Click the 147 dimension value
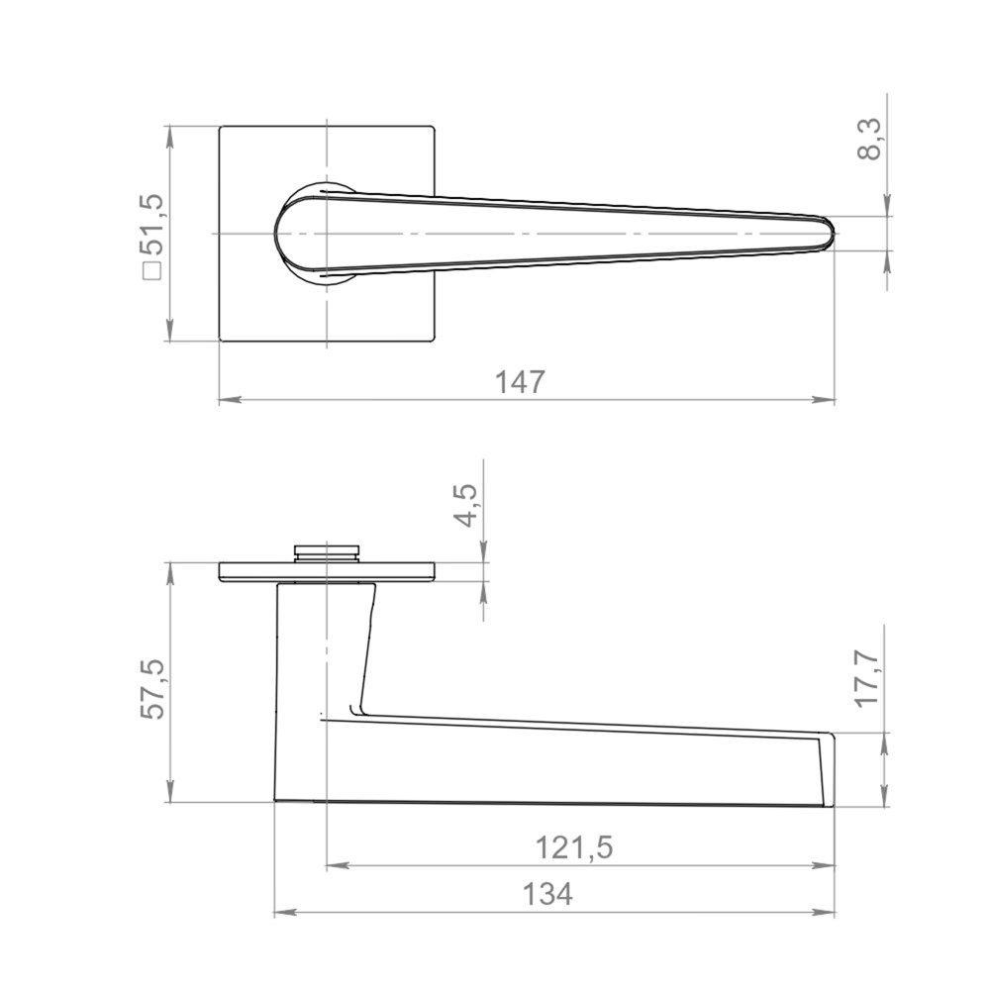(519, 382)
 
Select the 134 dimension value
(547, 894)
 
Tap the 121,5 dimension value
(573, 847)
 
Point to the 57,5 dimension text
(152, 689)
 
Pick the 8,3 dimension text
(869, 140)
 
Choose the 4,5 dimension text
(466, 506)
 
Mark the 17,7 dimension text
(868, 679)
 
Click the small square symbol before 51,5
(152, 271)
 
